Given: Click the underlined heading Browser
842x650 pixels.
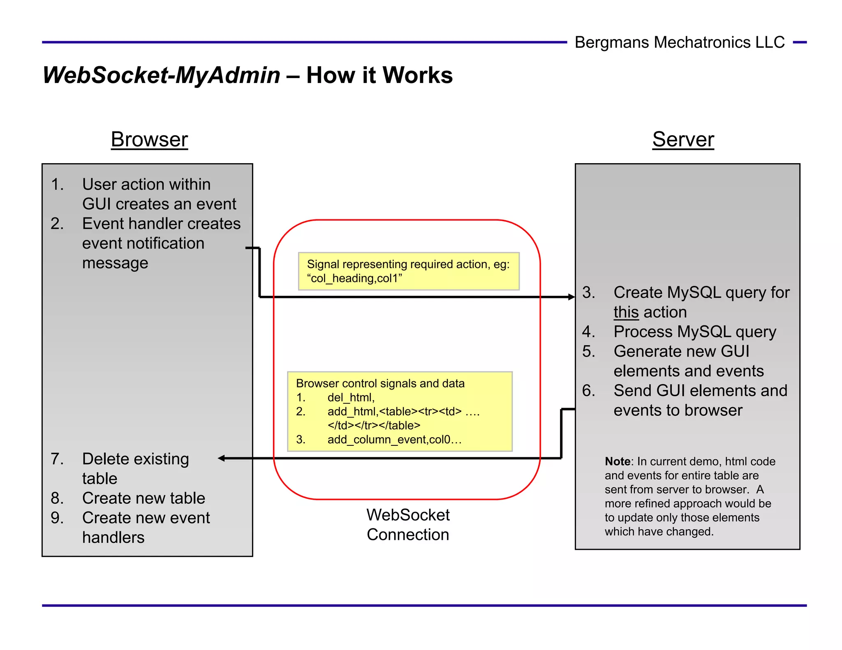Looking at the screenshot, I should click(149, 140).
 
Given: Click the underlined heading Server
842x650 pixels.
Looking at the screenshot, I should click(683, 140).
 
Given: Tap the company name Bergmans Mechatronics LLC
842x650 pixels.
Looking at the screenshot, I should click(679, 42).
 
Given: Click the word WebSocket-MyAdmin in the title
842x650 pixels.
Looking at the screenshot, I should click(161, 76).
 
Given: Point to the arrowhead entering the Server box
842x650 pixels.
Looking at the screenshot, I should click(571, 297).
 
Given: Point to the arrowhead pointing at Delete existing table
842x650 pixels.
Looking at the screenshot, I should click(222, 458).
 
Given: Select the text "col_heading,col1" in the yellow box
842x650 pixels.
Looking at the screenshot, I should click(354, 279).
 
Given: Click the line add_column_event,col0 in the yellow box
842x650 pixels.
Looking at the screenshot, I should click(394, 440).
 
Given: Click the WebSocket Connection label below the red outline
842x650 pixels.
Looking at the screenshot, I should click(408, 525).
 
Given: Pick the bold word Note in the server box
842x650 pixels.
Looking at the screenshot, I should click(617, 461).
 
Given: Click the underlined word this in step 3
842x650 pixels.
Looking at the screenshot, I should click(626, 312).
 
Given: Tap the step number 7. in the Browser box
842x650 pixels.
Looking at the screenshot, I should click(57, 459).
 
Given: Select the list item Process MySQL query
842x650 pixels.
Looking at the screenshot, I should click(694, 332).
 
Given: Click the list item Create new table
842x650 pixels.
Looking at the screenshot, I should click(143, 498).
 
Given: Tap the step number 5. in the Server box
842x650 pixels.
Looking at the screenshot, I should click(588, 351).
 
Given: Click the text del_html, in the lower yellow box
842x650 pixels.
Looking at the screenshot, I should click(351, 397).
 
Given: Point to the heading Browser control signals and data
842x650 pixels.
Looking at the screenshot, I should click(380, 383).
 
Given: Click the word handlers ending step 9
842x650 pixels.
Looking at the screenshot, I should click(113, 537).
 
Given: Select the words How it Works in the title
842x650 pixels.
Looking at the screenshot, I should click(379, 76).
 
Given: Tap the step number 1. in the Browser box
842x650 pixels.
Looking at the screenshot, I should click(57, 184).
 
